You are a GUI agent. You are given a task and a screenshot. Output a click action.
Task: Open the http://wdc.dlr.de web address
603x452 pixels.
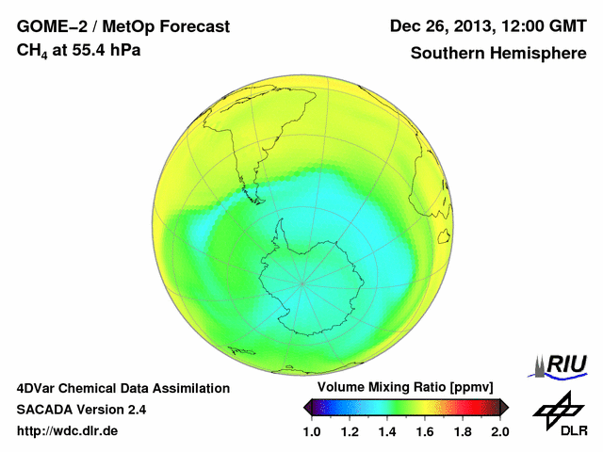(x=68, y=431)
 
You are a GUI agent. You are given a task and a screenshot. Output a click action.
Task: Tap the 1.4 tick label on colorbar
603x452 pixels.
(x=387, y=431)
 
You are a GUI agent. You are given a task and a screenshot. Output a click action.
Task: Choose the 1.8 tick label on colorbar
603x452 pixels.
(x=463, y=431)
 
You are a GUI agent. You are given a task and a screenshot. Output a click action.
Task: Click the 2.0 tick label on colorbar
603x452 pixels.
(x=499, y=431)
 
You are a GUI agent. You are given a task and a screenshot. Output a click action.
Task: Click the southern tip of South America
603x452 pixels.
(x=255, y=200)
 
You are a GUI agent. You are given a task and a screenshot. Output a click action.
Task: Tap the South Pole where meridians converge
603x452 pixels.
(x=301, y=281)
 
